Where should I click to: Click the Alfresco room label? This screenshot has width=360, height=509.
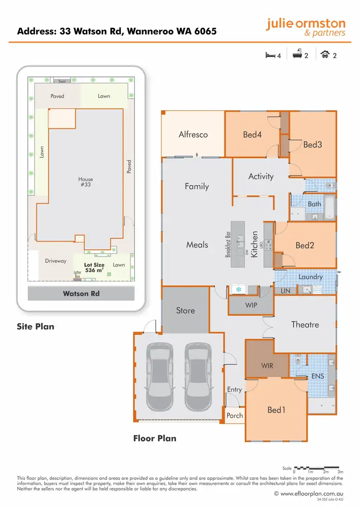point(193,134)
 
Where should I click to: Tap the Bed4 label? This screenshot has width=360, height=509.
point(252,134)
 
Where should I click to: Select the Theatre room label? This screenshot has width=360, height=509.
point(305,325)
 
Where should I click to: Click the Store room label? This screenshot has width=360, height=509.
point(185,311)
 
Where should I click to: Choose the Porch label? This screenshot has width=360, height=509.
point(234,415)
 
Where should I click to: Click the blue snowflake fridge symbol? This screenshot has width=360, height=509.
point(238,290)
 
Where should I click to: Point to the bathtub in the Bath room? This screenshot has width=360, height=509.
point(330,207)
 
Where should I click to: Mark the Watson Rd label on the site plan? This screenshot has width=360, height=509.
point(81,293)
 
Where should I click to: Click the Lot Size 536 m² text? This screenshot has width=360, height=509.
point(95,267)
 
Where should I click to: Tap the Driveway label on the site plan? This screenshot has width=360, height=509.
point(56,261)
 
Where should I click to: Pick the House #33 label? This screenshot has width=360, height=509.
point(86,182)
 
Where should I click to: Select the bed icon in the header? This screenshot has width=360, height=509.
point(270,55)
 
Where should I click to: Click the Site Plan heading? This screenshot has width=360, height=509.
point(36,327)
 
